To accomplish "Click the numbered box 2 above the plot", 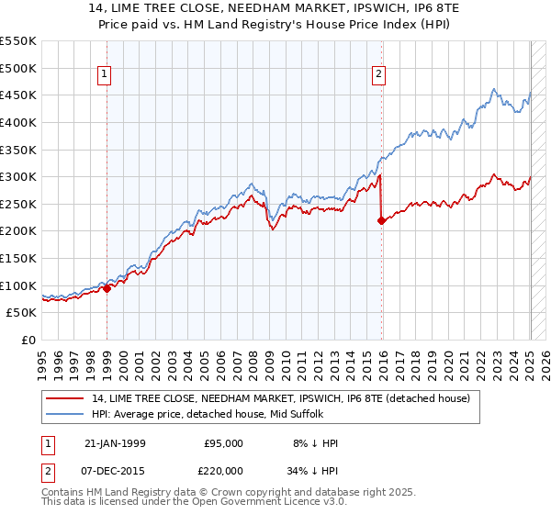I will point(379,75).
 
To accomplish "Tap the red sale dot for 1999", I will point(107,288).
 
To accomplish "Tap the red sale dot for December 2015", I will point(380,220).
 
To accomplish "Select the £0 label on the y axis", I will point(29,340).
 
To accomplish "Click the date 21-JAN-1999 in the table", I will point(114,443).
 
